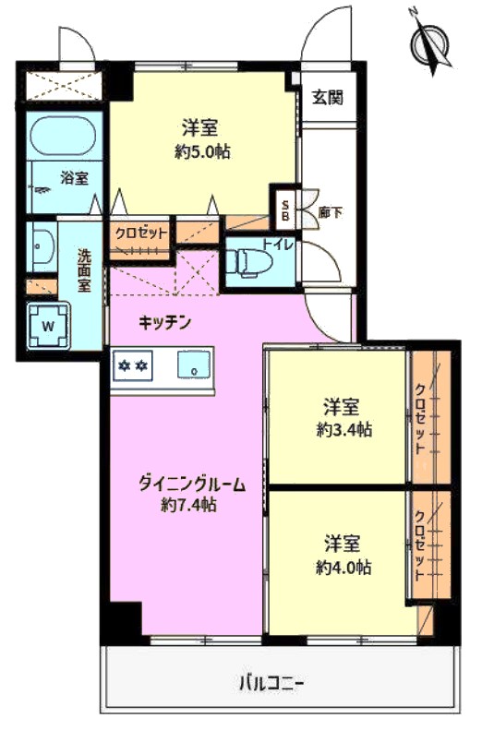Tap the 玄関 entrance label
click(327, 97)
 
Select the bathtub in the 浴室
click(63, 135)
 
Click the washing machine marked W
click(48, 326)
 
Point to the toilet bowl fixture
click(248, 262)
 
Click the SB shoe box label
click(286, 210)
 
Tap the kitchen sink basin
click(193, 364)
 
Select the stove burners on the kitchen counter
click(133, 366)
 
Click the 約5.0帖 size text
click(202, 151)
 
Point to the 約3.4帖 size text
click(344, 429)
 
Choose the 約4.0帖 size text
click(343, 567)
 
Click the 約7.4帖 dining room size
click(188, 504)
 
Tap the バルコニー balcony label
click(271, 684)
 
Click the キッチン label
click(165, 322)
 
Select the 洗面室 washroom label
click(84, 270)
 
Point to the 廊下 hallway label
click(331, 213)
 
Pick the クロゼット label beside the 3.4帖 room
click(419, 419)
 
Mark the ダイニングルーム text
click(192, 485)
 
